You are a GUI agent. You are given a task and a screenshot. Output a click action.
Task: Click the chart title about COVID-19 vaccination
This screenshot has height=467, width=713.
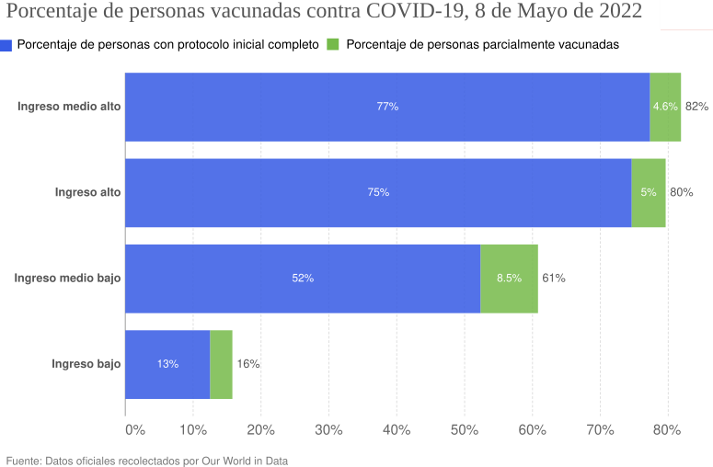pyautogui.click(x=324, y=15)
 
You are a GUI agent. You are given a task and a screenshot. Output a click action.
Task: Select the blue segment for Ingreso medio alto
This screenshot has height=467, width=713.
pyautogui.click(x=387, y=107)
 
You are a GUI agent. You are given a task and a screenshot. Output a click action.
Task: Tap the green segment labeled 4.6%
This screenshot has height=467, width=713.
pyautogui.click(x=665, y=107)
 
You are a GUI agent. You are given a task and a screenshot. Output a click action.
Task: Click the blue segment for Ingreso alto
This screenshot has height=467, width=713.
pyautogui.click(x=378, y=192)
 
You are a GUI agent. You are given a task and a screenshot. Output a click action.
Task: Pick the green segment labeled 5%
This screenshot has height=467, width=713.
pyautogui.click(x=649, y=192)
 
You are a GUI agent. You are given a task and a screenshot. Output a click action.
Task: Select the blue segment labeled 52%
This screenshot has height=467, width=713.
pyautogui.click(x=303, y=279)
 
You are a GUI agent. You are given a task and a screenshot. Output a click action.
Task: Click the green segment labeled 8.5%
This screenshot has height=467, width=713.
pyautogui.click(x=509, y=279)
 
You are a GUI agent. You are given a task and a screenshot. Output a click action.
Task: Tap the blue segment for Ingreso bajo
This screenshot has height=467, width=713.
pyautogui.click(x=167, y=364)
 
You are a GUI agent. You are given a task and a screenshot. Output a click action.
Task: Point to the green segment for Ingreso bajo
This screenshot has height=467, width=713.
pyautogui.click(x=221, y=364)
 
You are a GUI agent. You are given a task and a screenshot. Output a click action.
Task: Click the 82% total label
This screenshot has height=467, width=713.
pyautogui.click(x=696, y=107)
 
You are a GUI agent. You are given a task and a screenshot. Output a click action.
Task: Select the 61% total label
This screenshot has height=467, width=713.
pyautogui.click(x=553, y=279)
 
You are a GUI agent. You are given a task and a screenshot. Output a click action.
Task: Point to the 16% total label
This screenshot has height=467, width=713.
pyautogui.click(x=247, y=364)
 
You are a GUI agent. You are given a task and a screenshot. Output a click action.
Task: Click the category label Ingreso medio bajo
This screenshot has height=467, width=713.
pyautogui.click(x=67, y=279)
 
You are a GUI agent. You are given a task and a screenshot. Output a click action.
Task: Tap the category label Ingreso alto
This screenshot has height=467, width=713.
pyautogui.click(x=87, y=192)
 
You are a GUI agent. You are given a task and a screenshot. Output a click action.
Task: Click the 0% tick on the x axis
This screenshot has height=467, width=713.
pyautogui.click(x=134, y=429)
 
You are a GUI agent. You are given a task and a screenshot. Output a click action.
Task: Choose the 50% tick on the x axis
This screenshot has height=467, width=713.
pyautogui.click(x=465, y=429)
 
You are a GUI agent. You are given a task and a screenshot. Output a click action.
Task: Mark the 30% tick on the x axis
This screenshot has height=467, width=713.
pyautogui.click(x=328, y=429)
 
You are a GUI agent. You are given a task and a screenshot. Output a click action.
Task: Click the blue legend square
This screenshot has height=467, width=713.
pyautogui.click(x=6, y=45)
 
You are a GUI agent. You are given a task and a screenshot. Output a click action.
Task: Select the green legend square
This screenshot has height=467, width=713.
pyautogui.click(x=333, y=44)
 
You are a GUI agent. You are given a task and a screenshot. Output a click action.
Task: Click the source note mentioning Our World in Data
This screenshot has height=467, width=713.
pyautogui.click(x=147, y=460)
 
